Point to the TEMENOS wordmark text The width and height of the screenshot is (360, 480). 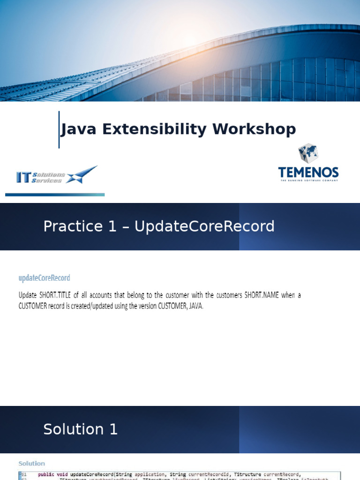[308, 172]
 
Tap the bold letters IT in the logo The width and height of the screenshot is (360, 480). [23, 177]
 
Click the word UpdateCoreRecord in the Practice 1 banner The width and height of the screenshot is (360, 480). [204, 226]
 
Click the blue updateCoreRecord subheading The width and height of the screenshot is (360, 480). [44, 278]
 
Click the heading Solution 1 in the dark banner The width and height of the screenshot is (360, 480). [80, 429]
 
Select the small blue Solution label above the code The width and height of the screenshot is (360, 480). [31, 464]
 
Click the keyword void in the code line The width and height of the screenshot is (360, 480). [62, 474]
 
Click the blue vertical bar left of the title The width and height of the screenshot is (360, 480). [59, 129]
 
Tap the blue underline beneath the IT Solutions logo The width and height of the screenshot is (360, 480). [55, 195]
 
